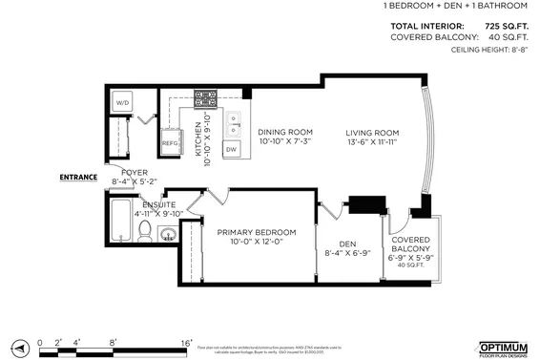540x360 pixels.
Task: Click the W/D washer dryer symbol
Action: tap(123, 102)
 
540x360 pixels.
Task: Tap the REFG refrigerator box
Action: tap(171, 142)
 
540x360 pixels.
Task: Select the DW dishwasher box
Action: tap(231, 149)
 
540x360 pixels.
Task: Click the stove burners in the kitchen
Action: tap(205, 97)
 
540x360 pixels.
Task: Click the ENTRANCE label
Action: tap(78, 177)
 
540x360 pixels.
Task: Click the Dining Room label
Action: tap(286, 132)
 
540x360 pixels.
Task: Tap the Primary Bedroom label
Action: tap(256, 232)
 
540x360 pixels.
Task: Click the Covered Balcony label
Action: tap(411, 245)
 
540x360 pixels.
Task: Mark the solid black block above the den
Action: tap(365, 204)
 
